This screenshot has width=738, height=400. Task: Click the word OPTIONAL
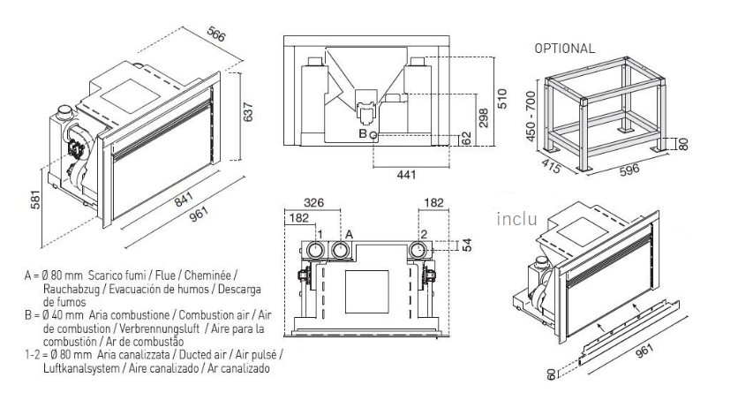pyautogui.click(x=564, y=49)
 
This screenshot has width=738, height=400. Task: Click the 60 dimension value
pyautogui.click(x=550, y=374)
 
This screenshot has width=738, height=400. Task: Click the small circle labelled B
pyautogui.click(x=374, y=134)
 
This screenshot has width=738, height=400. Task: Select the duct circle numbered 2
pyautogui.click(x=417, y=251)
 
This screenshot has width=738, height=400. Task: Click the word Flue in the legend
pyautogui.click(x=175, y=275)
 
